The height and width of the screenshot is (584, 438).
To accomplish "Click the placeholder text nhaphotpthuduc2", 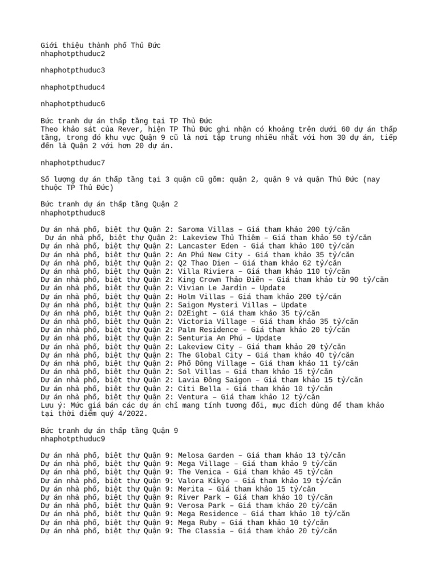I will click(x=73, y=54).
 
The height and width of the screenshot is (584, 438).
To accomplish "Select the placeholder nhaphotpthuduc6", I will click(x=73, y=104).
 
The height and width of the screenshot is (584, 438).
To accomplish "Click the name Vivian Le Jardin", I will click(x=212, y=288).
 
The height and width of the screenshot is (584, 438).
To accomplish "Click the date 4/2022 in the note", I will click(x=135, y=413).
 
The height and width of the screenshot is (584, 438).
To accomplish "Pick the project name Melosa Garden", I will click(x=206, y=455).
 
